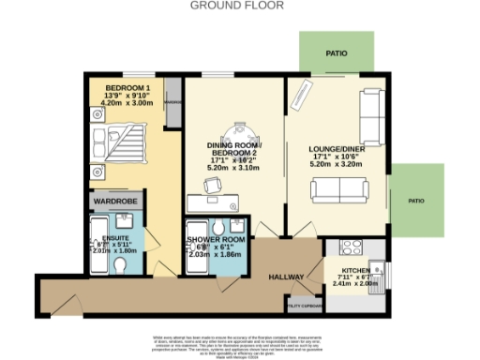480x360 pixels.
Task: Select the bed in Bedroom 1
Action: (x=121, y=151)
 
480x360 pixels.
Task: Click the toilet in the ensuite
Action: (x=119, y=266)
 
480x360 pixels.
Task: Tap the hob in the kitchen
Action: (x=350, y=247)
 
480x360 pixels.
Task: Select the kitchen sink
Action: (x=378, y=276)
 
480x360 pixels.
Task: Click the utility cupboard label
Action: (x=305, y=306)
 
